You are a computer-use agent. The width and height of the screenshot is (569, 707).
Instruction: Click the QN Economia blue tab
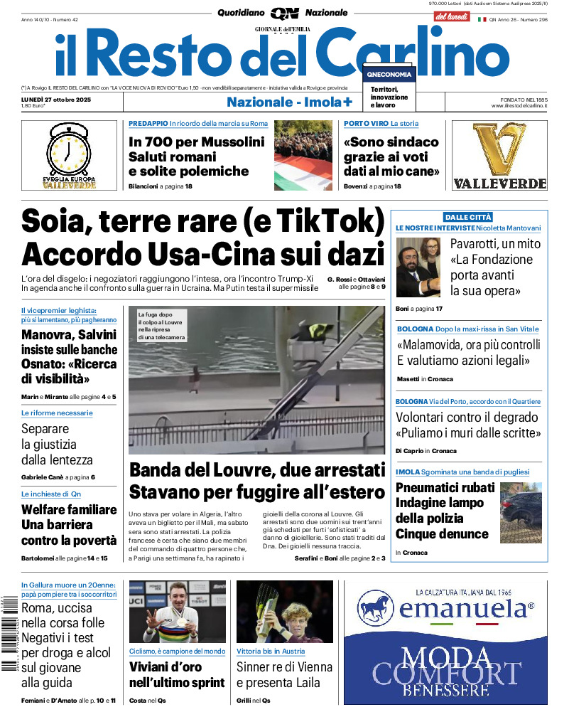389,74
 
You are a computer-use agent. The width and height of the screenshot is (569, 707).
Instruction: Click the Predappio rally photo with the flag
303,156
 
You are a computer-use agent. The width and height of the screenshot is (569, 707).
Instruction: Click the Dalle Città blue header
468,217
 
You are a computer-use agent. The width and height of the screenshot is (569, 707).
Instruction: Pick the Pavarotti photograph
419,267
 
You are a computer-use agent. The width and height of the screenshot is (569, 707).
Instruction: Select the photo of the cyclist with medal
177,612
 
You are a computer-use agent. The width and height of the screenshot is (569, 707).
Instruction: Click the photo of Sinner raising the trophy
284,612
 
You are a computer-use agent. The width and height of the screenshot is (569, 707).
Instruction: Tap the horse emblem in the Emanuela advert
376,609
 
